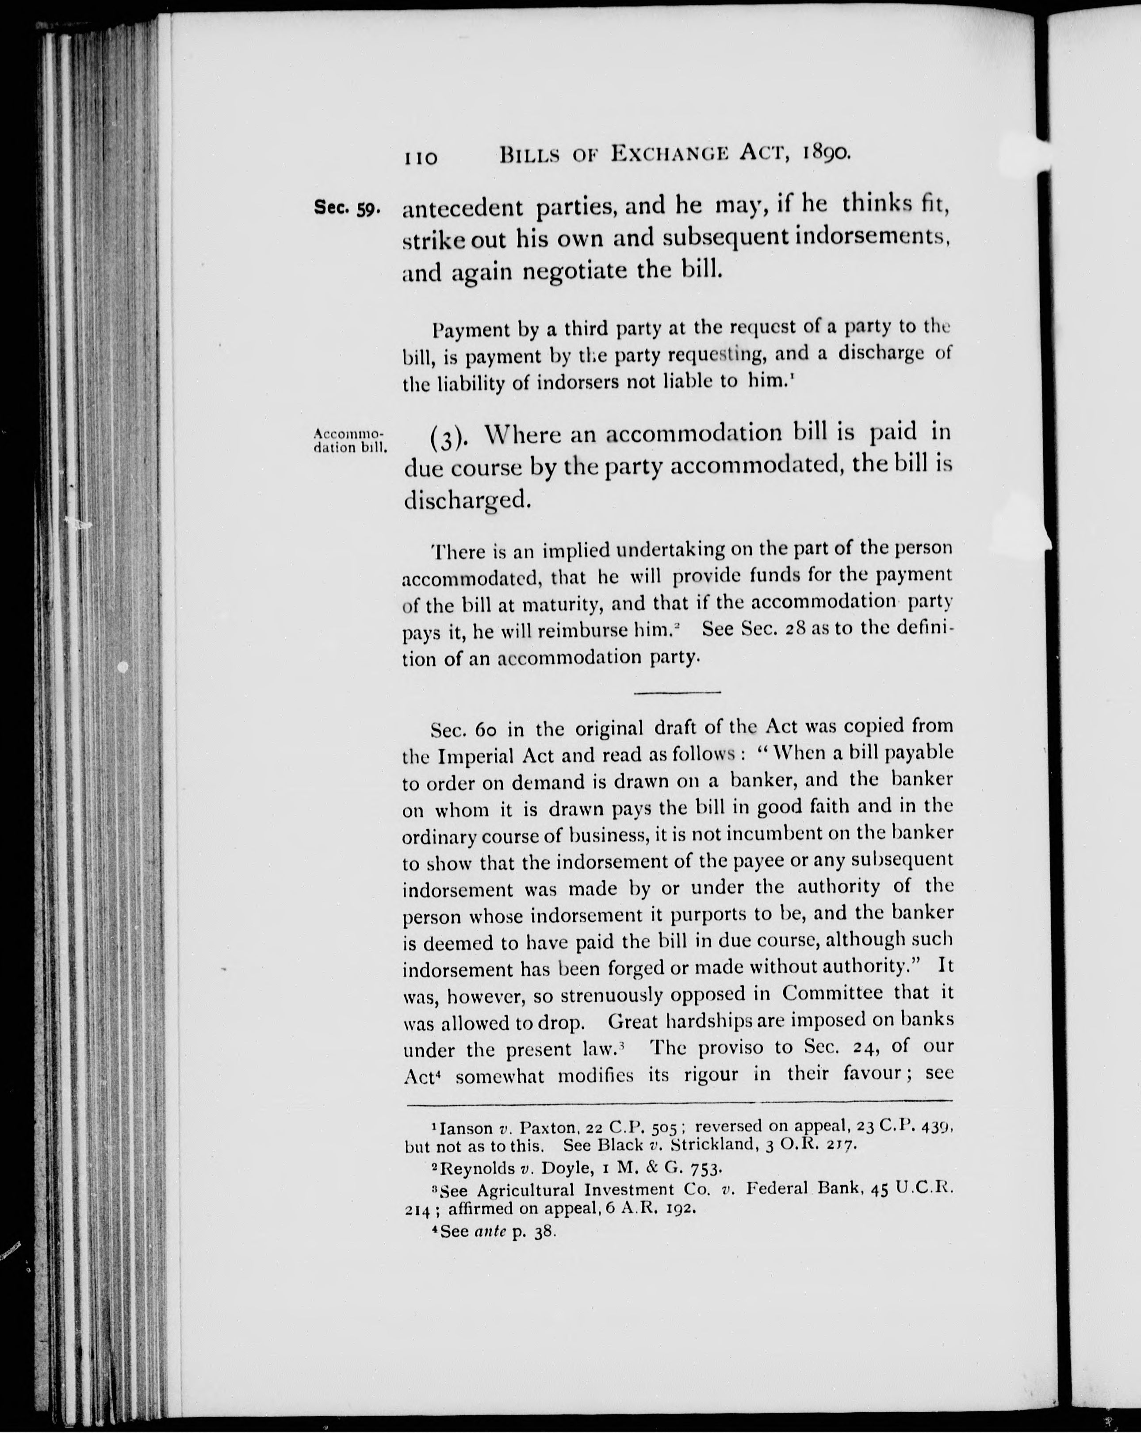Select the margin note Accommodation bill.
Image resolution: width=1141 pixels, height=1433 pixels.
tap(349, 440)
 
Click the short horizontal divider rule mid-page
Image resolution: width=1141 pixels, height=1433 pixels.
tap(677, 693)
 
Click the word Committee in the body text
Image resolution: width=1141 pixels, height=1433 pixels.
tap(832, 993)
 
